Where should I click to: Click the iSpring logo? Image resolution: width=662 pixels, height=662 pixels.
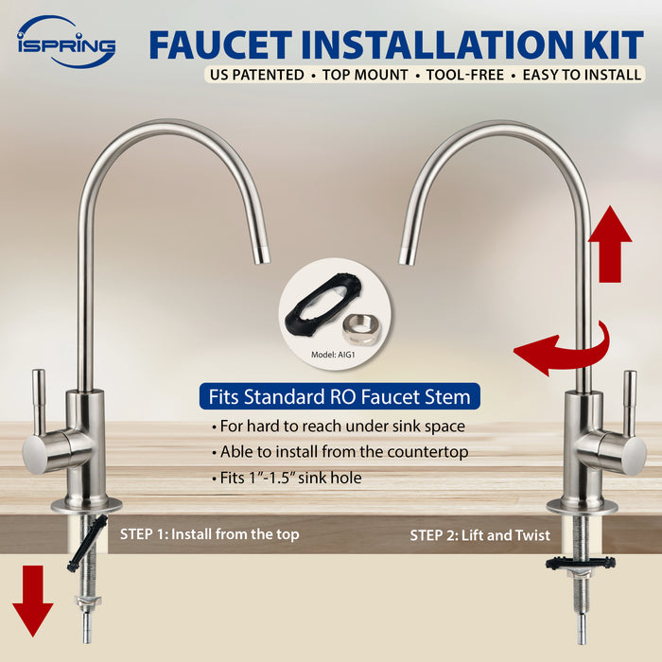tap(65, 42)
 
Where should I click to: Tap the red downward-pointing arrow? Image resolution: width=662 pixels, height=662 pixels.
tap(33, 600)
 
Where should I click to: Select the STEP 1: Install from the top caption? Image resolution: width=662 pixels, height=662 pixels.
tap(209, 534)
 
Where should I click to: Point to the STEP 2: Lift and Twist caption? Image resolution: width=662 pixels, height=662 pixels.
tap(479, 535)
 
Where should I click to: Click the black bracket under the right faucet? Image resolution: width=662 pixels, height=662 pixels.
tap(580, 564)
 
